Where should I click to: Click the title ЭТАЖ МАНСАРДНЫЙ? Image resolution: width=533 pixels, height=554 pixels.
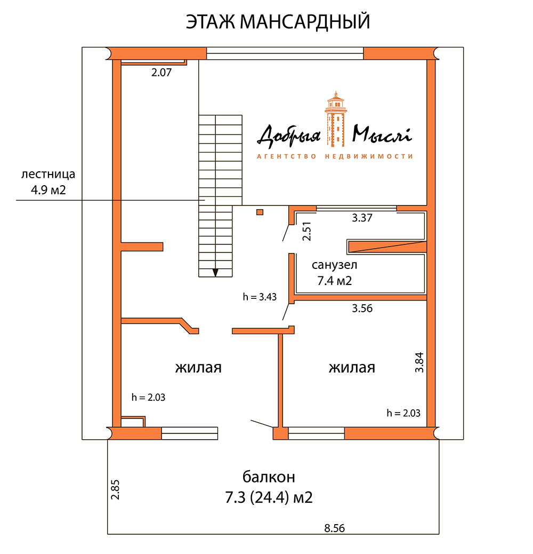tap(278, 22)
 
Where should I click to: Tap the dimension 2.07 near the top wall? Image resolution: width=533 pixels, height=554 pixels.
tap(161, 74)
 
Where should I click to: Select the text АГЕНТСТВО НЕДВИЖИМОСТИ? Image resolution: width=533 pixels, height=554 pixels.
tap(335, 156)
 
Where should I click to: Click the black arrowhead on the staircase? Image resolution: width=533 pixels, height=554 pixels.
tap(215, 272)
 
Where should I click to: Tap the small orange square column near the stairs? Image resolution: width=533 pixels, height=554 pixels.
tap(260, 212)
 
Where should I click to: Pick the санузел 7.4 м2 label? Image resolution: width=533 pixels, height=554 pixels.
tap(335, 273)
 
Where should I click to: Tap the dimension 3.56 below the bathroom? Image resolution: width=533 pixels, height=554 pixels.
tap(362, 308)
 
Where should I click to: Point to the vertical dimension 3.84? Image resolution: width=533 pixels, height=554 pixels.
tap(420, 362)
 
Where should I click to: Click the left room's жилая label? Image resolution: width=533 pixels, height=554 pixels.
tap(198, 368)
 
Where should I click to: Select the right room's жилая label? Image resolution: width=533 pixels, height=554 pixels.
tap(352, 368)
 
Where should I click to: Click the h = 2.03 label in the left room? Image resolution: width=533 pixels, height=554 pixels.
tap(149, 397)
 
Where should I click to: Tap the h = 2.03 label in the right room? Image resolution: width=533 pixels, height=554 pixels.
tap(403, 413)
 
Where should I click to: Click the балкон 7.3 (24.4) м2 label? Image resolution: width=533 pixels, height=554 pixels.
tap(269, 487)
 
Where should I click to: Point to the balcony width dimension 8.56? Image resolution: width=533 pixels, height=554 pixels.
tap(334, 528)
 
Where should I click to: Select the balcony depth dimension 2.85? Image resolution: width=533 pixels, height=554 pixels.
tap(115, 489)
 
